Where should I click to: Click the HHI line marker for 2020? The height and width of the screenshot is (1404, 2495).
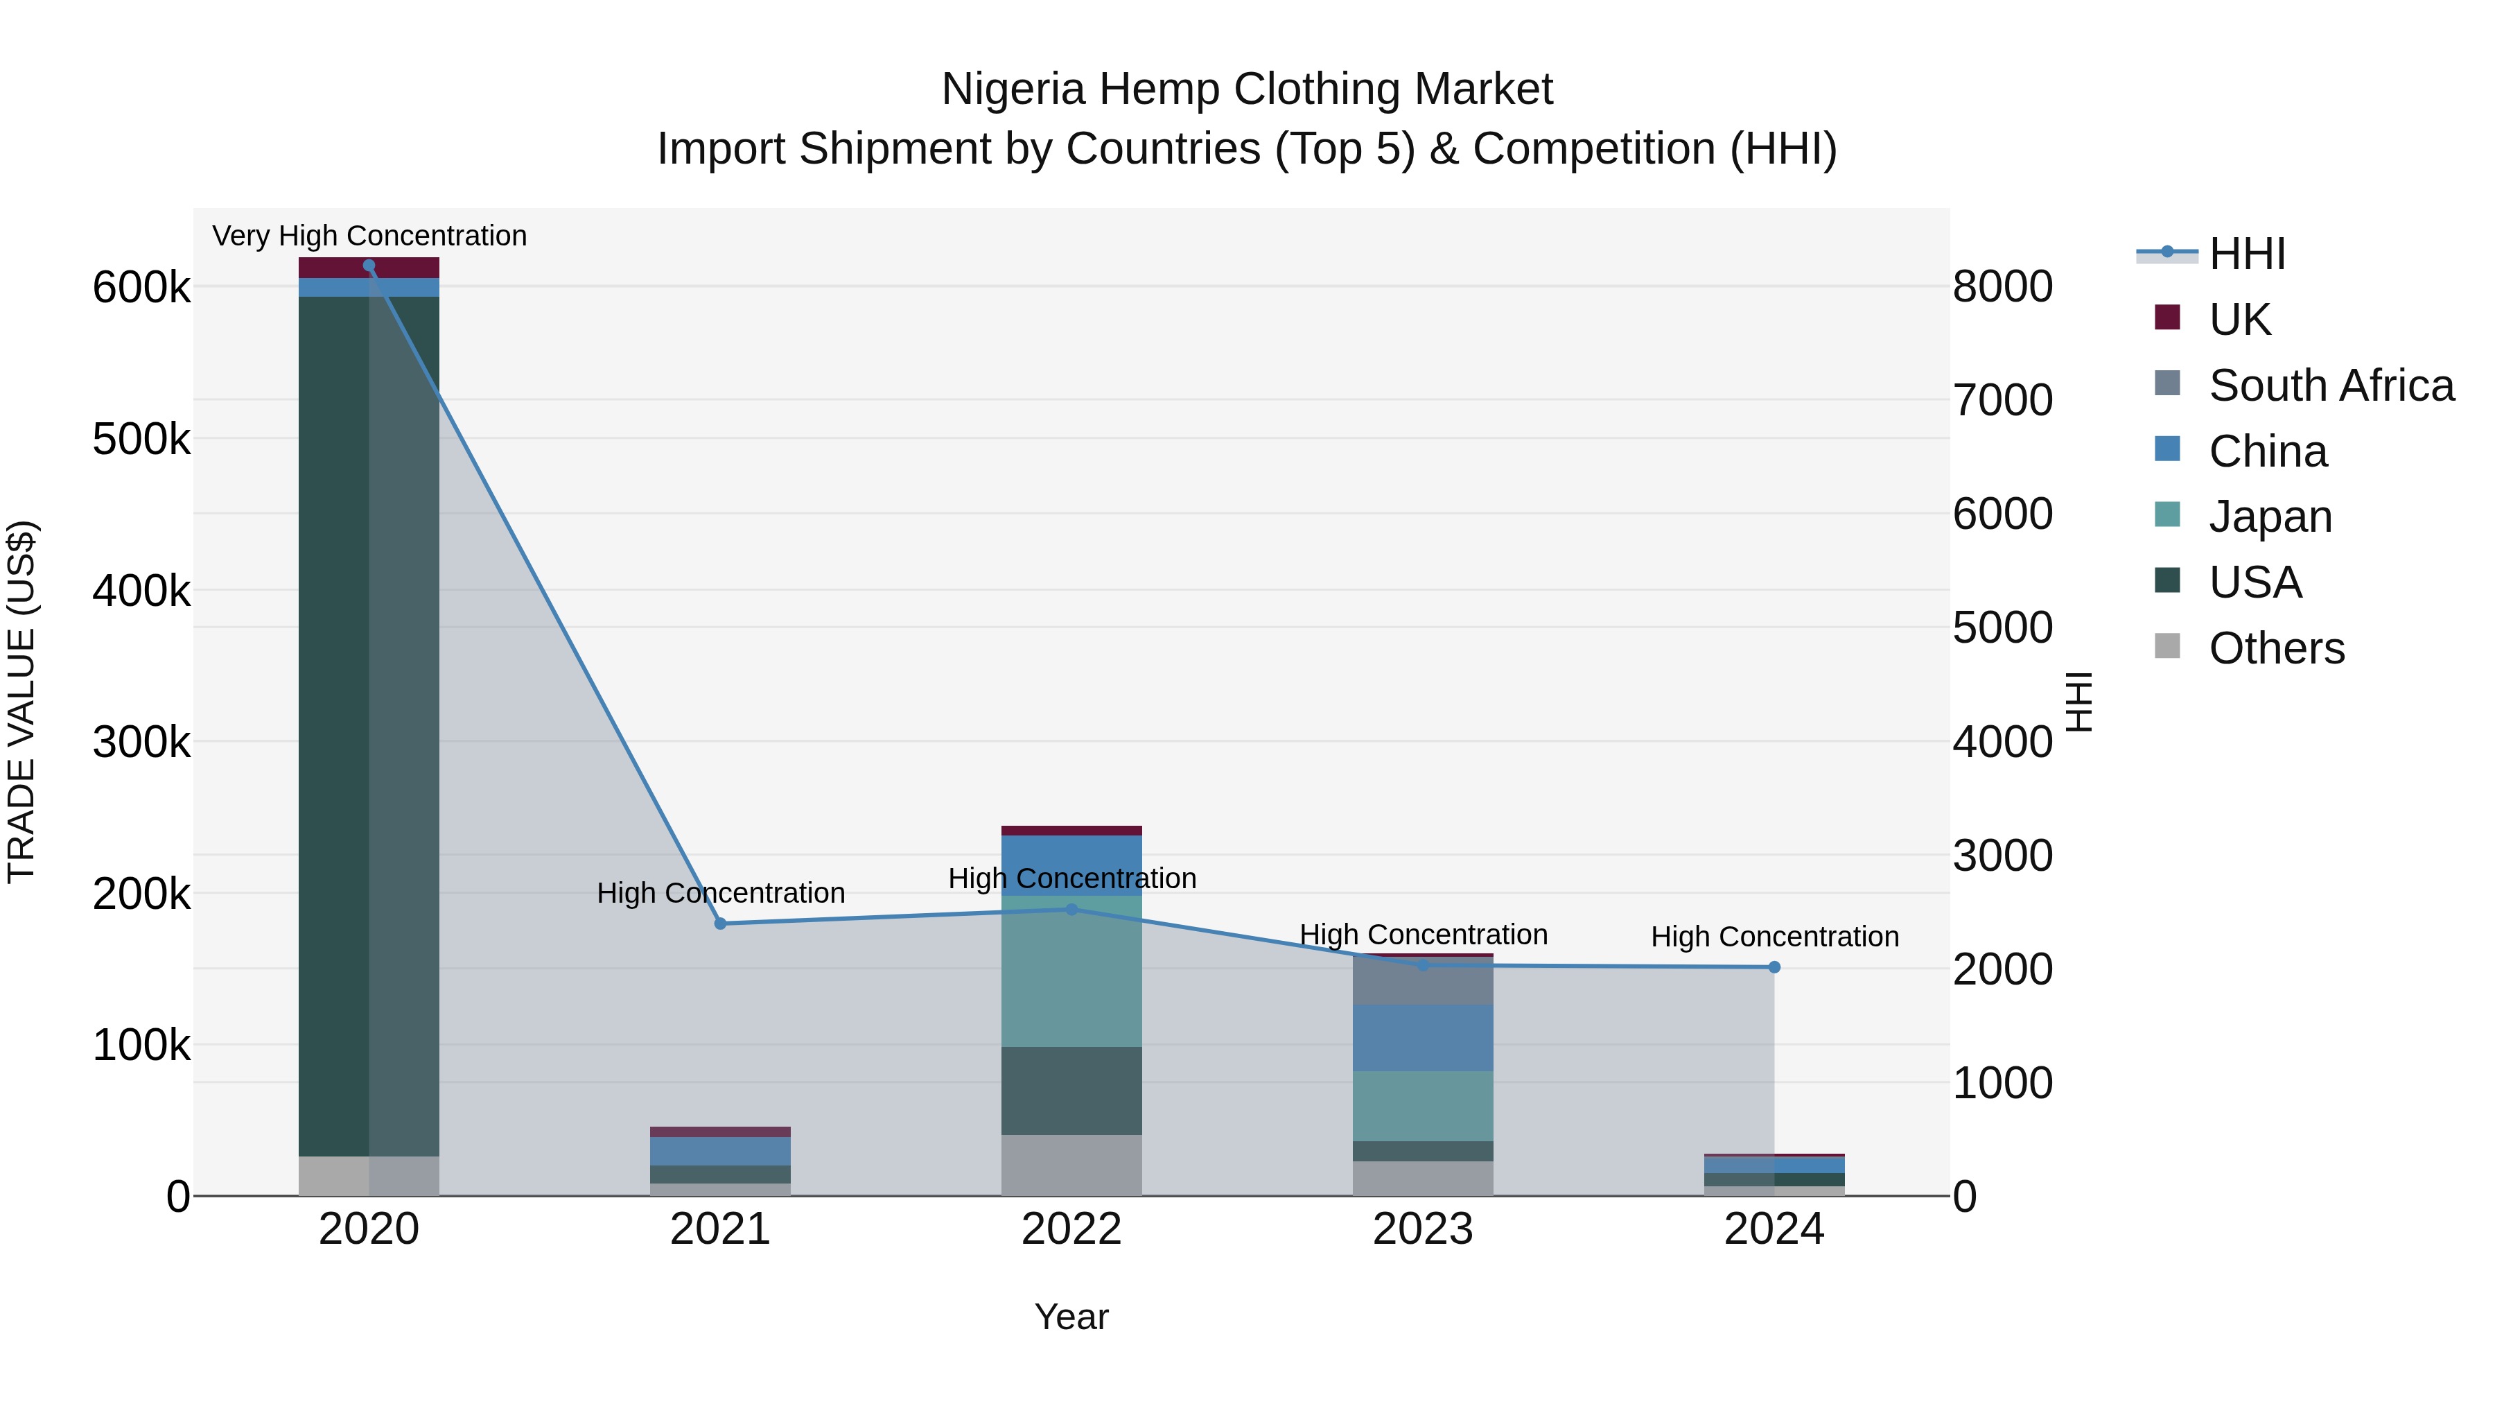[369, 266]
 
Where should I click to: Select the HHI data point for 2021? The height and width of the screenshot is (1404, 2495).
[719, 924]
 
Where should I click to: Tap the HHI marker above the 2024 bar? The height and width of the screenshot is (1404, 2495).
[1774, 967]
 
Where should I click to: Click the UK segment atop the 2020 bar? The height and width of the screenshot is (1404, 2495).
[368, 268]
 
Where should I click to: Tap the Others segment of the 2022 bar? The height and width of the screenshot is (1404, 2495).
[1071, 1165]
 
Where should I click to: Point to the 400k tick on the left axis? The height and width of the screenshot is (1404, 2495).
[141, 590]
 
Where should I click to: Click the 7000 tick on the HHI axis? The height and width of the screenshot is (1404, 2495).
[2002, 400]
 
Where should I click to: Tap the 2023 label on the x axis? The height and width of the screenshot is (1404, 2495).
[1423, 1229]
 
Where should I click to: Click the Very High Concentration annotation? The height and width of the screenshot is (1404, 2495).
[369, 236]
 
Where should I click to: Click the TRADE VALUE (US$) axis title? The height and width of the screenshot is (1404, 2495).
[21, 702]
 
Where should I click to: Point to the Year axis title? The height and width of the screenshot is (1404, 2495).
[1071, 1317]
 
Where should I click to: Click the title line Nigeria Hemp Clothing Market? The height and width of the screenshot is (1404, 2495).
[1247, 89]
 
